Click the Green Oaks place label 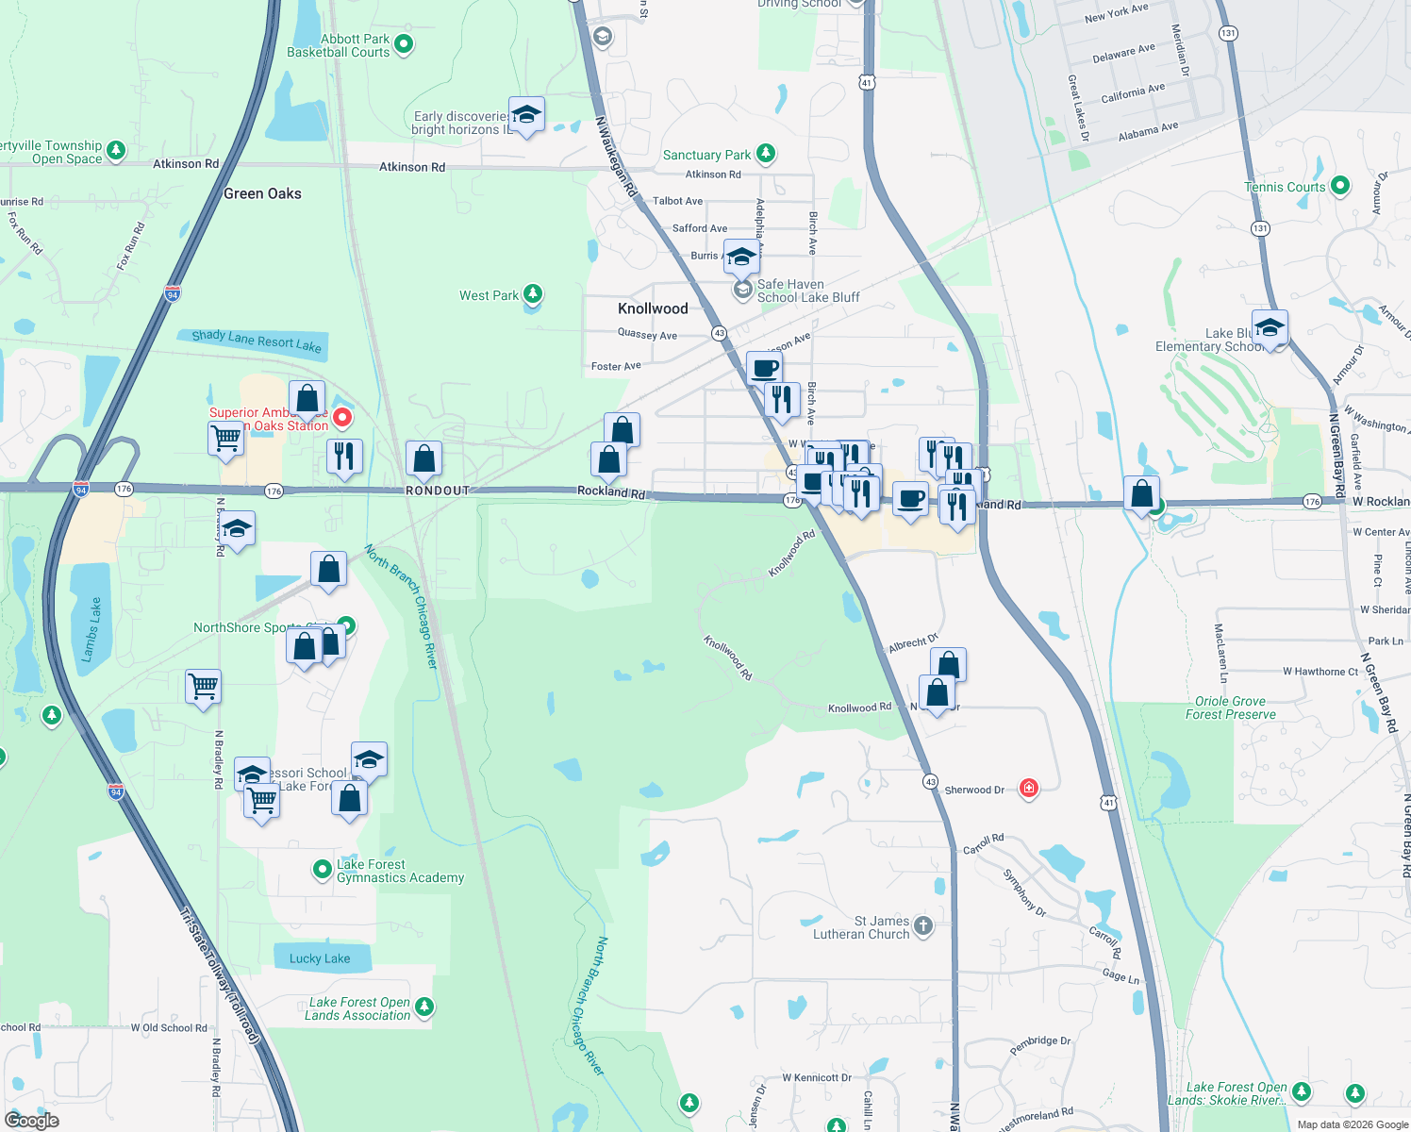[262, 193]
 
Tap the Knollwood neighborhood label [653, 308]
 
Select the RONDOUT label [438, 491]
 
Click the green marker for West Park [533, 294]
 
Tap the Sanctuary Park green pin [766, 153]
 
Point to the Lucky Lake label [320, 958]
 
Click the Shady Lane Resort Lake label [257, 341]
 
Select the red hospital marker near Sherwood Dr [1029, 788]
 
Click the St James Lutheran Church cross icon [923, 926]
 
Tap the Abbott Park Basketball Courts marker [404, 43]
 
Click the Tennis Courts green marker [1340, 186]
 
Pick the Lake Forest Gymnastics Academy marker [323, 868]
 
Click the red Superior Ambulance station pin [342, 417]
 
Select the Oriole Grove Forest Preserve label [1230, 707]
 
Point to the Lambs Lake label [91, 628]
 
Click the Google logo [32, 1121]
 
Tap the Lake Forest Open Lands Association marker [424, 1007]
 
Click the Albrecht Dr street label [913, 643]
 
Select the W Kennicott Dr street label [817, 1077]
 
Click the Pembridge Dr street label [1040, 1045]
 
